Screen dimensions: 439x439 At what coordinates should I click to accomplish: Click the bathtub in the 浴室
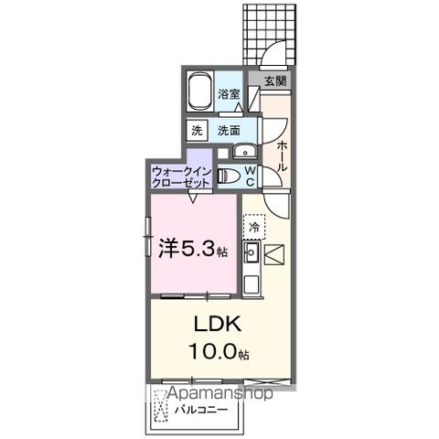[199, 91]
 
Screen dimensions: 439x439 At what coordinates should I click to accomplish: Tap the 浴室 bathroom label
[230, 93]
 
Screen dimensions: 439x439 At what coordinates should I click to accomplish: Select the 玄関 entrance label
[274, 81]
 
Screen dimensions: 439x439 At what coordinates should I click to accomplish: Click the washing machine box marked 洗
[197, 131]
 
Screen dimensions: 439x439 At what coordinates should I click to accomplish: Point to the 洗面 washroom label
[230, 131]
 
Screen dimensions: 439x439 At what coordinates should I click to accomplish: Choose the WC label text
[249, 176]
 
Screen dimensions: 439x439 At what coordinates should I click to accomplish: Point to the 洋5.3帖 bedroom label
[188, 248]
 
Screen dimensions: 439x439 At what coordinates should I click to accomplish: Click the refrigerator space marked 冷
[253, 225]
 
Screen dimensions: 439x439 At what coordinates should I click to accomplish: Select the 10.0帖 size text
[219, 352]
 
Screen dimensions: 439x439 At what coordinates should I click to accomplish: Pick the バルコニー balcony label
[201, 410]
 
